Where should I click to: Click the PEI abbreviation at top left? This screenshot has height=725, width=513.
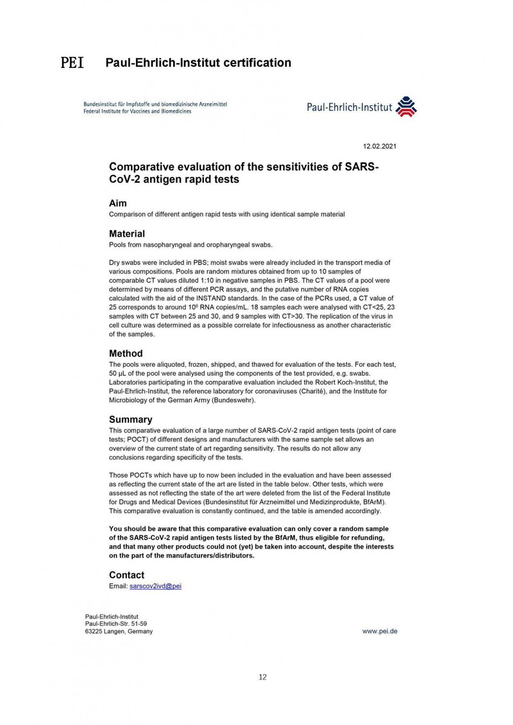pyautogui.click(x=72, y=63)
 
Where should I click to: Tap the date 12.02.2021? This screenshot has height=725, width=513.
pyautogui.click(x=380, y=146)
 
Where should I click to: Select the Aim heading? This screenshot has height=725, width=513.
pyautogui.click(x=117, y=203)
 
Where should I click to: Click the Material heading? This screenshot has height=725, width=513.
pyautogui.click(x=127, y=233)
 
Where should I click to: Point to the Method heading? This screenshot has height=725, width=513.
pyautogui.click(x=126, y=353)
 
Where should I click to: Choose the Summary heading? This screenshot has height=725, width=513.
pyautogui.click(x=131, y=420)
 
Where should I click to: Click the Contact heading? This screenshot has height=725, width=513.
pyautogui.click(x=127, y=575)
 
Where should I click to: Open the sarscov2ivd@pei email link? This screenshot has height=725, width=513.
pyautogui.click(x=156, y=586)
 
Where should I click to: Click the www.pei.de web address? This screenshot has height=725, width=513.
pyautogui.click(x=380, y=631)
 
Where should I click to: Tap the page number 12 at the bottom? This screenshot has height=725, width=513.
pyautogui.click(x=262, y=677)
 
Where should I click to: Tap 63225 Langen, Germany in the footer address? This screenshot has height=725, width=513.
pyautogui.click(x=119, y=631)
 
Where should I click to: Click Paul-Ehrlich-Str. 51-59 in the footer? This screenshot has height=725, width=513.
pyautogui.click(x=119, y=624)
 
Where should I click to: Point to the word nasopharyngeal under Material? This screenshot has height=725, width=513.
pyautogui.click(x=169, y=245)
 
